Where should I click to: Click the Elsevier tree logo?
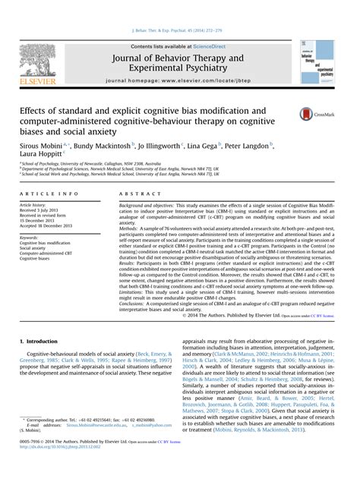(38, 60)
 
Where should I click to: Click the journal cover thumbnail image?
(317, 61)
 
